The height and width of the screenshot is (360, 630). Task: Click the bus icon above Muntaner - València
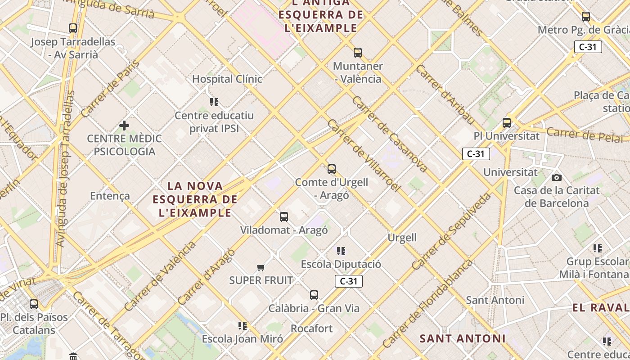tap(358, 53)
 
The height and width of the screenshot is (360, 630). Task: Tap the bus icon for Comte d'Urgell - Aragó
tap(332, 169)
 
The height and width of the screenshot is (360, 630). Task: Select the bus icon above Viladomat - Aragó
tap(284, 217)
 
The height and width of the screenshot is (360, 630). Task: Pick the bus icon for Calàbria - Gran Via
tap(314, 295)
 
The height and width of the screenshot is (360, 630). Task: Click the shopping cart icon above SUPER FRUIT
tap(261, 268)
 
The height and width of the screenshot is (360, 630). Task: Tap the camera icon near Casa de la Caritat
tap(557, 177)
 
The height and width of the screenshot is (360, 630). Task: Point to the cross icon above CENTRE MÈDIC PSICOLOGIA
tap(124, 125)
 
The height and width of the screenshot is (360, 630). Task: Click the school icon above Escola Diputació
tap(341, 251)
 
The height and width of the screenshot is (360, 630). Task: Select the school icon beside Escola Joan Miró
tap(243, 325)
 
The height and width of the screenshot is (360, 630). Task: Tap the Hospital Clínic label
tap(227, 79)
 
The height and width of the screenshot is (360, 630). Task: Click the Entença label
tap(110, 196)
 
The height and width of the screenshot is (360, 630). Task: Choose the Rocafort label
tap(312, 328)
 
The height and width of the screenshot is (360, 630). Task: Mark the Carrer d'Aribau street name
tap(445, 94)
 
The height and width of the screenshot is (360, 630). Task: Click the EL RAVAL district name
tap(601, 308)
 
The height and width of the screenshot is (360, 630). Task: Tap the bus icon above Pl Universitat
tap(507, 122)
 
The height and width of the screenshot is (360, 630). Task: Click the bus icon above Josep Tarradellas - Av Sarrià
tap(73, 28)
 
